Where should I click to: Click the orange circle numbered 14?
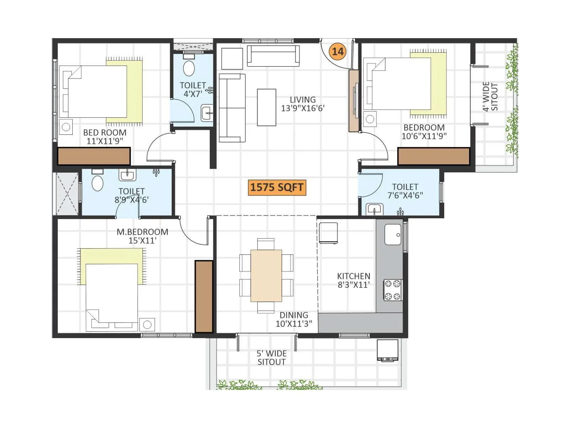[x=337, y=51]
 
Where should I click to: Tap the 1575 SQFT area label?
[x=276, y=187]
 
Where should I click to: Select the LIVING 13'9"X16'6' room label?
[x=302, y=104]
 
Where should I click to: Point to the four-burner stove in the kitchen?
[x=393, y=290]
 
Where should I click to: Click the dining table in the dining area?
[x=266, y=276]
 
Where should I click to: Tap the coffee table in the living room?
[x=266, y=107]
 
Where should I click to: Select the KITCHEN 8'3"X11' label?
[x=353, y=280]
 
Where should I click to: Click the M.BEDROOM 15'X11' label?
[x=142, y=236]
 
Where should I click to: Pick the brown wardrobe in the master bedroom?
[x=204, y=296]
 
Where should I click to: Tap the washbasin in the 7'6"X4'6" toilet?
[x=374, y=209]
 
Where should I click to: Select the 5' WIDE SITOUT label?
[x=271, y=358]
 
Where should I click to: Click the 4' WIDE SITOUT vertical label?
[x=490, y=97]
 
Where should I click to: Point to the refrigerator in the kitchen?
[x=328, y=233]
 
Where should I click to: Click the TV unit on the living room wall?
[x=354, y=101]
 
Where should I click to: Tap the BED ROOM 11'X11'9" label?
[x=105, y=137]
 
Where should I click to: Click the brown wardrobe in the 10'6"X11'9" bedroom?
[x=434, y=157]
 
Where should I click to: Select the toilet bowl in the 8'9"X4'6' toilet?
[x=97, y=183]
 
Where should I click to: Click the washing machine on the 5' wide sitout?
[x=388, y=350]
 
